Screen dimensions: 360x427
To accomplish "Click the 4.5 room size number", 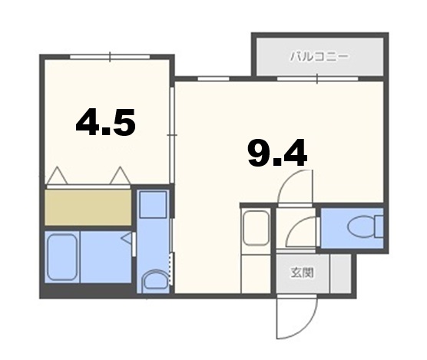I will pyautogui.click(x=105, y=122).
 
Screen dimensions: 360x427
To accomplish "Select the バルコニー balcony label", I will pyautogui.click(x=319, y=56).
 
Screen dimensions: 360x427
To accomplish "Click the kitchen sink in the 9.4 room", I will pyautogui.click(x=253, y=226).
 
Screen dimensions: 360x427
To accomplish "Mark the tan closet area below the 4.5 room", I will pyautogui.click(x=88, y=206).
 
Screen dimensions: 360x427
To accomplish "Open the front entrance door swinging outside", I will pyautogui.click(x=293, y=315).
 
